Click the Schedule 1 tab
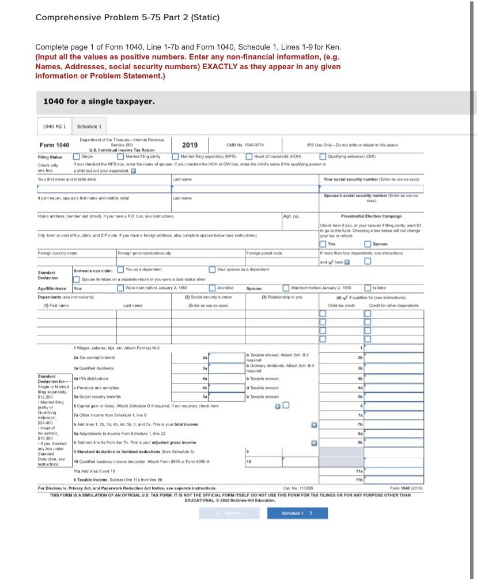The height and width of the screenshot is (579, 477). pyautogui.click(x=89, y=126)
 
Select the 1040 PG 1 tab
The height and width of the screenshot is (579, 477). pyautogui.click(x=55, y=126)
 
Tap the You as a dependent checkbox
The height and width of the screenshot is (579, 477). pyautogui.click(x=120, y=269)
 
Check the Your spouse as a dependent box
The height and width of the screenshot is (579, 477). pyautogui.click(x=213, y=269)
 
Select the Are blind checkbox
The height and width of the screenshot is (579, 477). pyautogui.click(x=213, y=288)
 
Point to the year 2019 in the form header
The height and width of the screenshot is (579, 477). pyautogui.click(x=190, y=145)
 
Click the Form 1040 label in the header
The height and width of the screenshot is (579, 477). pyautogui.click(x=54, y=145)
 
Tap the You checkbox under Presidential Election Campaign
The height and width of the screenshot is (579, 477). pyautogui.click(x=323, y=244)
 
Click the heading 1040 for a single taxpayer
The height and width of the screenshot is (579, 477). pyautogui.click(x=99, y=101)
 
